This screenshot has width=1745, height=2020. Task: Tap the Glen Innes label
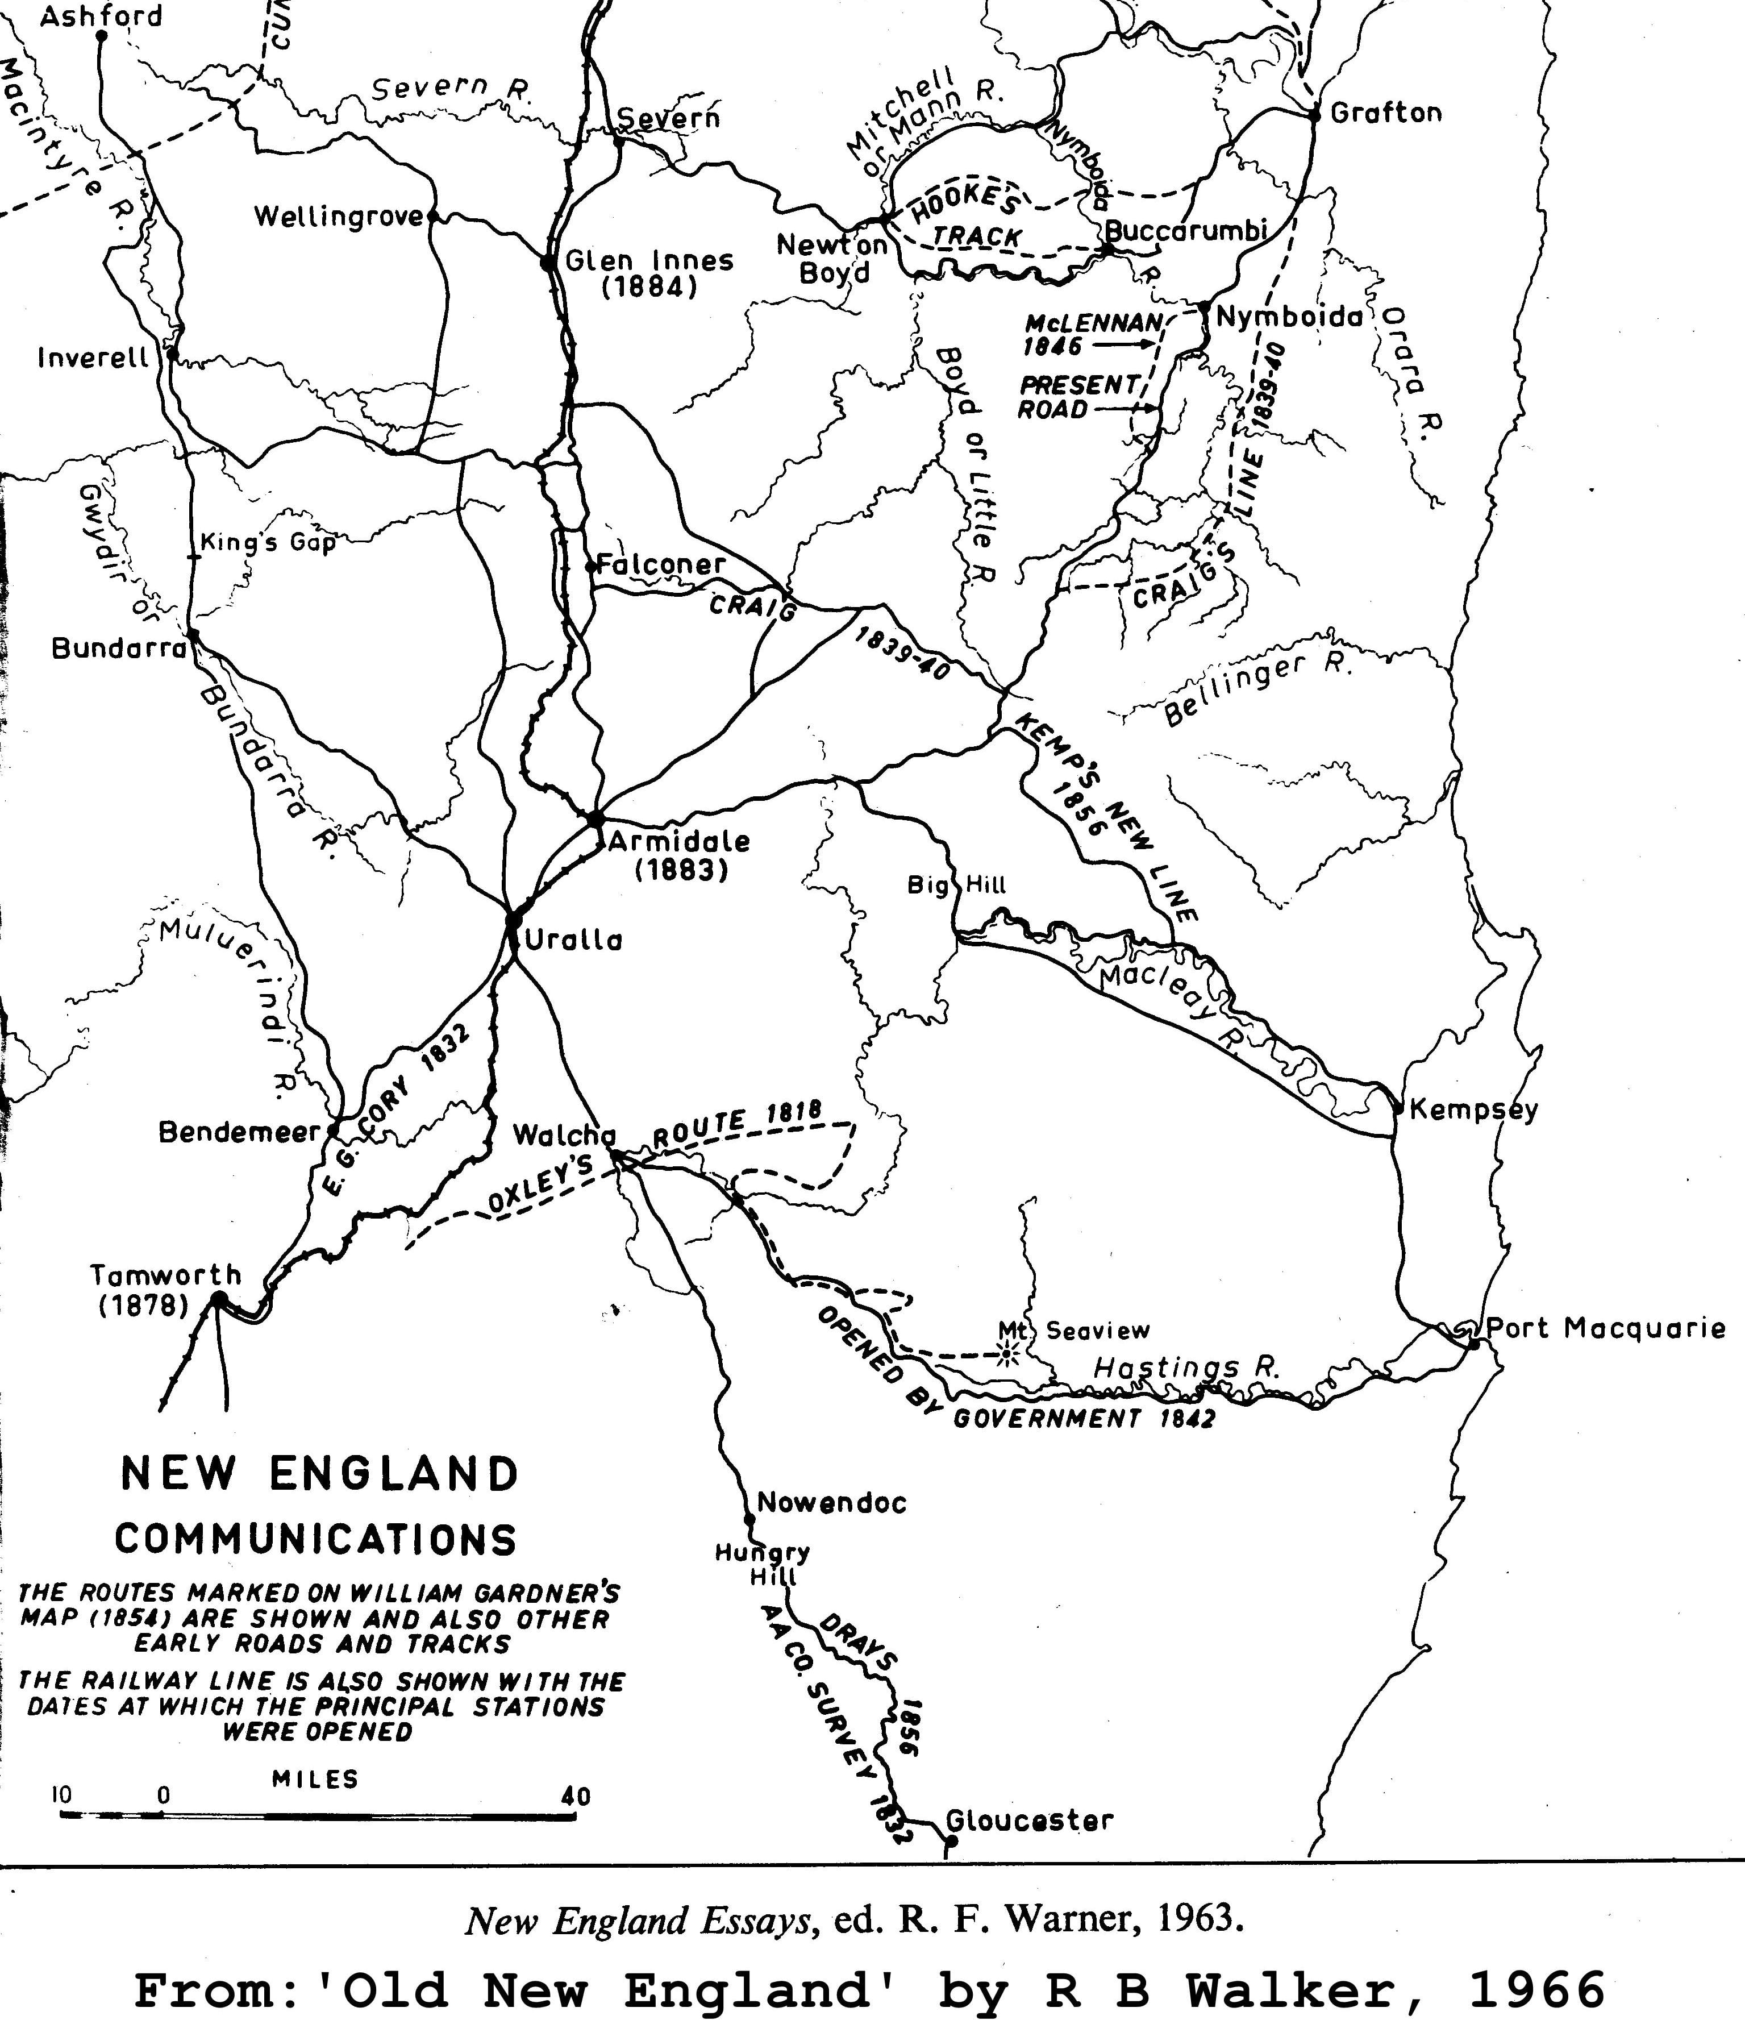(649, 261)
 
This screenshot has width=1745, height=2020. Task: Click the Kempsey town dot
(1398, 1108)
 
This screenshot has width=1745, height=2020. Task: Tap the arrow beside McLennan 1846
(1126, 344)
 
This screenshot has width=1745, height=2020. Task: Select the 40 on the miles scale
(576, 1795)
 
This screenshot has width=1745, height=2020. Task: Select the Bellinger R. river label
(1257, 692)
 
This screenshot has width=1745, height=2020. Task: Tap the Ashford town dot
(101, 36)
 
